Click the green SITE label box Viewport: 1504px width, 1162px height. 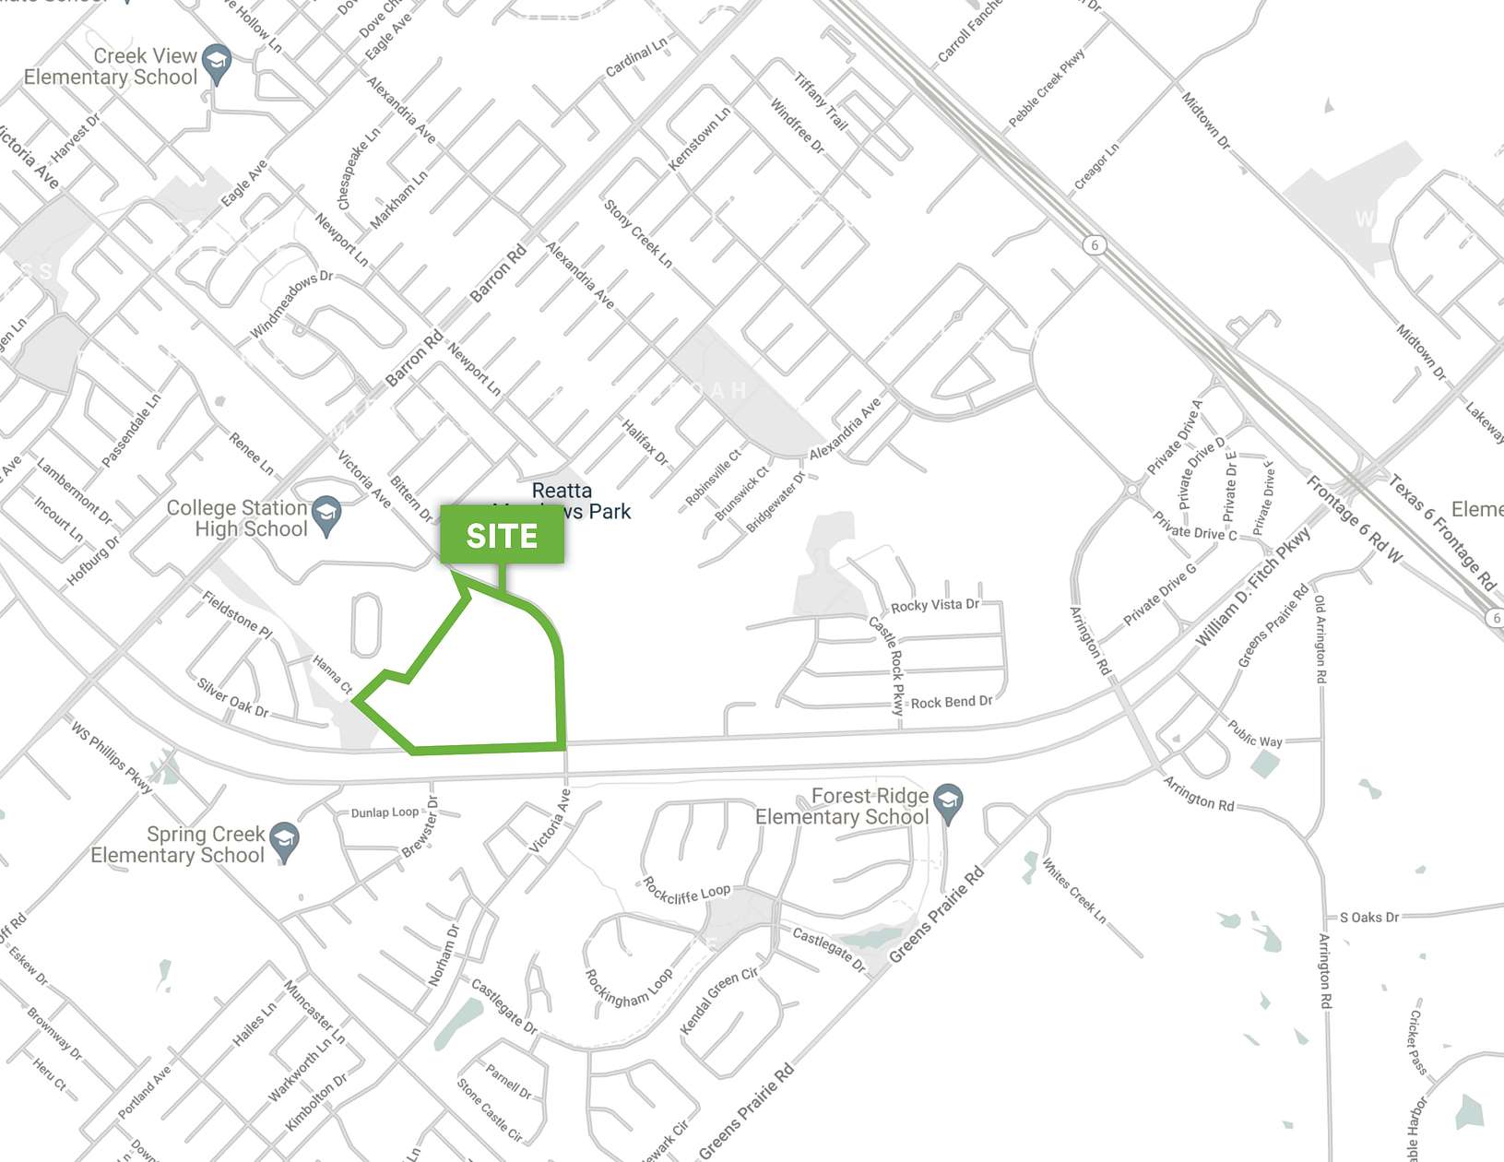502,535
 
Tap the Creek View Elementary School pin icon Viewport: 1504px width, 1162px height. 217,63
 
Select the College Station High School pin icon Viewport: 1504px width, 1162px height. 326,515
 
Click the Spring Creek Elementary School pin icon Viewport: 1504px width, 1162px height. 284,840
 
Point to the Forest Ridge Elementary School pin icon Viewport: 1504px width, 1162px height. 948,802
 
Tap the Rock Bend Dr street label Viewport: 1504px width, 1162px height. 952,702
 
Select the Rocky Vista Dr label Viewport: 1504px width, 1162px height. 934,605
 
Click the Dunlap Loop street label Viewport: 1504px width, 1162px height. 385,812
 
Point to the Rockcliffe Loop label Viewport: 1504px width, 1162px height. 686,892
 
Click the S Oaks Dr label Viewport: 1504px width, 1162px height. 1368,917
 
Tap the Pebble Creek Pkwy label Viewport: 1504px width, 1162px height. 1047,88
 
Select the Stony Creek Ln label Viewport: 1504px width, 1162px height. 638,233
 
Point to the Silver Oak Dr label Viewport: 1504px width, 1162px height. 232,697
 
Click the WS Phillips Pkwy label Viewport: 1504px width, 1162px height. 112,756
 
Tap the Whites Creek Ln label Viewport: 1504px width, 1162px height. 1073,890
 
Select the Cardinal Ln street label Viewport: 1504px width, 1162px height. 636,57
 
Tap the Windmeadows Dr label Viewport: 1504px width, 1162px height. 291,304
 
